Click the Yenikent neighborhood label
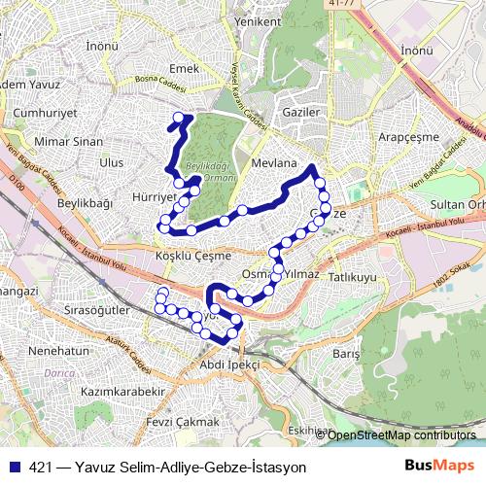(x=258, y=20)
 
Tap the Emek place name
(x=184, y=69)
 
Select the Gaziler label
(x=301, y=113)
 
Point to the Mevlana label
(x=272, y=164)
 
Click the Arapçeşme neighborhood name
(x=409, y=138)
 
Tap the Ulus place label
(x=112, y=162)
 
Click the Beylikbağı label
(x=86, y=203)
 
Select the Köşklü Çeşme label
(x=193, y=256)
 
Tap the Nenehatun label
(x=59, y=350)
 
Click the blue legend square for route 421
(x=15, y=467)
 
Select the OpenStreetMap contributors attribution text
(x=401, y=435)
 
